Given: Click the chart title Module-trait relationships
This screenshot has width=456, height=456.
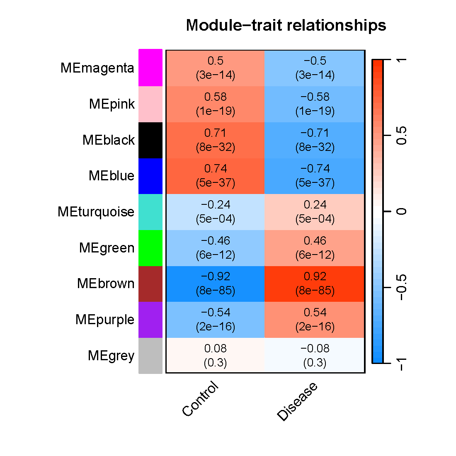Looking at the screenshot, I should [x=286, y=25].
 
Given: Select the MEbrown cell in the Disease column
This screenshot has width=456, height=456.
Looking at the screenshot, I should [x=315, y=284].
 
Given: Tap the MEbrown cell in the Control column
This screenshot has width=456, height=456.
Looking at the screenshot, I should [x=215, y=284].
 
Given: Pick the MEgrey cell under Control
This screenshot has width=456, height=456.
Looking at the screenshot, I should [x=215, y=355].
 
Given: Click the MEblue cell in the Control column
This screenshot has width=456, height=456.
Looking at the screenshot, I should [x=215, y=176].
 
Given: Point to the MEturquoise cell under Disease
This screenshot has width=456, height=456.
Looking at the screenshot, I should [x=315, y=212].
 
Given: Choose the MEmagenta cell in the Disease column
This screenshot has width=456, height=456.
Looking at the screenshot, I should [x=315, y=68].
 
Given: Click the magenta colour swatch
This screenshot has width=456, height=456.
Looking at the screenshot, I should [x=150, y=68].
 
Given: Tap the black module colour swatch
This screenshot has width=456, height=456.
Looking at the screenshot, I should [x=150, y=140].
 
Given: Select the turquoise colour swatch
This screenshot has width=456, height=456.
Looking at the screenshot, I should [x=150, y=212].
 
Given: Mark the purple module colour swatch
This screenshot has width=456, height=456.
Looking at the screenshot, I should [x=150, y=320].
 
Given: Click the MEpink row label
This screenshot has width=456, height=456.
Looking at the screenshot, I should [x=112, y=104].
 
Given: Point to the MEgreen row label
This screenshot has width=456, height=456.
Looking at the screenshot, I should [x=107, y=248].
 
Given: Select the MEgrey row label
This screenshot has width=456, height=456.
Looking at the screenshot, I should [x=111, y=356].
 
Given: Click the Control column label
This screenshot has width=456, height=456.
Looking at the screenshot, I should [x=200, y=399].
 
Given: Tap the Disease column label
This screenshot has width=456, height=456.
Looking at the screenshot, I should [x=298, y=401].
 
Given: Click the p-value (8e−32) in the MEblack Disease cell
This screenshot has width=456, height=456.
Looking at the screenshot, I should [x=315, y=147].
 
